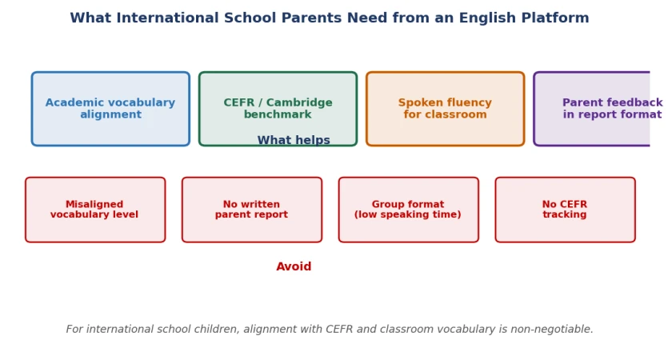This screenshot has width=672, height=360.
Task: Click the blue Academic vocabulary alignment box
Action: pos(110,109)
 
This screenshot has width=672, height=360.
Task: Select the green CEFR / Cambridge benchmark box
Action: pos(278,109)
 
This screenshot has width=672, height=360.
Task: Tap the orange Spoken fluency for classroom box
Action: pos(446,109)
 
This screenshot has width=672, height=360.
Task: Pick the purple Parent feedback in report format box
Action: pos(592,109)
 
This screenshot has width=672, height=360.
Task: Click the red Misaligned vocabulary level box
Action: pos(95,210)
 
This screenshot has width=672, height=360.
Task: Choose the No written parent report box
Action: pos(252,210)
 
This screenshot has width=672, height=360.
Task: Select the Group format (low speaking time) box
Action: pos(409,210)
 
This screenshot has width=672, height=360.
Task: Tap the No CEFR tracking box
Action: pos(566,210)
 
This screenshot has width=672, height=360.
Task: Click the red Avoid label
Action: pos(294,266)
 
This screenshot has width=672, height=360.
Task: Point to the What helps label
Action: pos(294,140)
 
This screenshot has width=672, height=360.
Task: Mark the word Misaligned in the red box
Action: pos(94,205)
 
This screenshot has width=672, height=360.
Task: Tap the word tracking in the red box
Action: pos(565,214)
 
